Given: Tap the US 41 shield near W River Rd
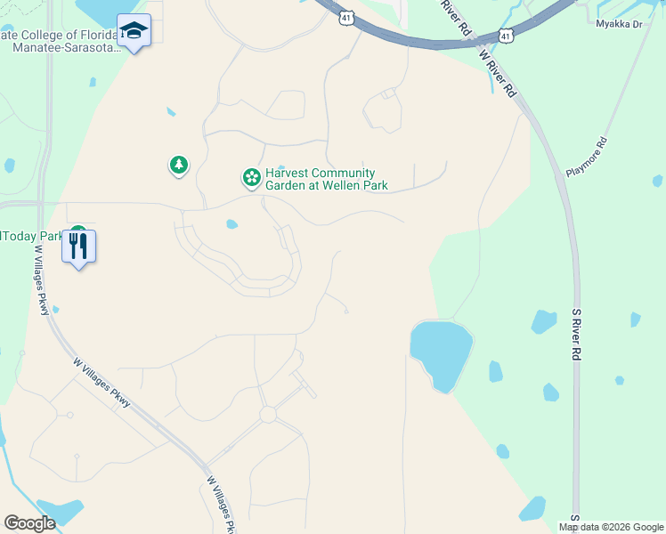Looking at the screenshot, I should click(x=506, y=36).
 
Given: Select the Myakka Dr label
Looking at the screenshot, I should click(x=619, y=24).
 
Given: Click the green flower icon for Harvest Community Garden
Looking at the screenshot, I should click(x=252, y=178).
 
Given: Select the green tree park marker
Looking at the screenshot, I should click(x=179, y=165).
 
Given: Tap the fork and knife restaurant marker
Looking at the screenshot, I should click(x=79, y=246).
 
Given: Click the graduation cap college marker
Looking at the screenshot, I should click(x=134, y=31).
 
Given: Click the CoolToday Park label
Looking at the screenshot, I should click(x=32, y=236).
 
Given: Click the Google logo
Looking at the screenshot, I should click(x=30, y=523).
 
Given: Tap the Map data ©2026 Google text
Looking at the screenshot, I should click(x=611, y=527).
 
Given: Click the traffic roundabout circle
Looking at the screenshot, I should click(x=268, y=415).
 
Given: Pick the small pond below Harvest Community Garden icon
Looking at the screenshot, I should click(x=231, y=224).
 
